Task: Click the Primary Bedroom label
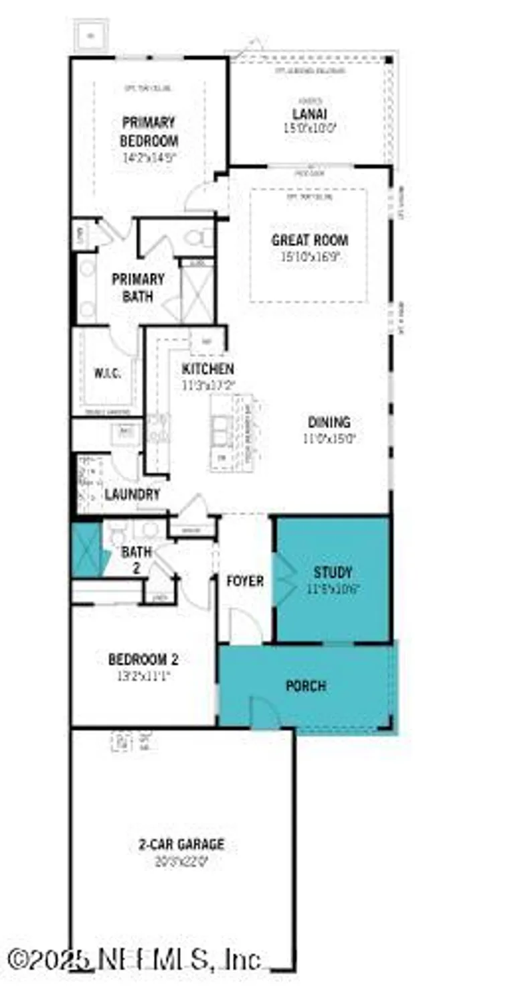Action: pyautogui.click(x=149, y=132)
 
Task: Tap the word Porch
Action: pyautogui.click(x=306, y=686)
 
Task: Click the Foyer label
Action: pyautogui.click(x=244, y=581)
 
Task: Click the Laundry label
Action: pyautogui.click(x=133, y=495)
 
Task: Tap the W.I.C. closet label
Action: pyautogui.click(x=107, y=374)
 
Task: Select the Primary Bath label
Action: pyautogui.click(x=138, y=287)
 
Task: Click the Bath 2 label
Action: pyautogui.click(x=136, y=559)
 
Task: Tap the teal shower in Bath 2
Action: pyautogui.click(x=86, y=550)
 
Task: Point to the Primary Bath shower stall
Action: pyautogui.click(x=197, y=295)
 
